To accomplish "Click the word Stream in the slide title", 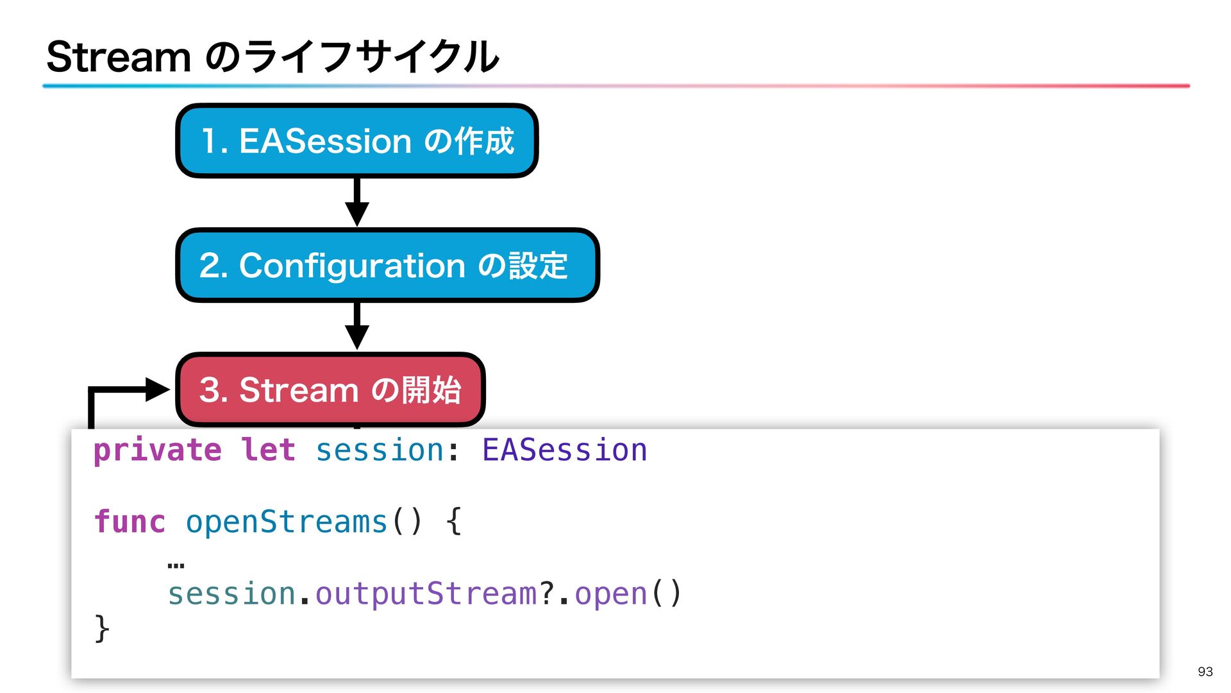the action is coord(119,57).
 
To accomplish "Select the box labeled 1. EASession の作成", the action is coord(356,141).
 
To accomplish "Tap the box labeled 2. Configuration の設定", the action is coord(387,265).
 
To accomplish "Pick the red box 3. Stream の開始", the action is coord(330,389).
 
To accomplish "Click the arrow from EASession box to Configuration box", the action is coord(357,201).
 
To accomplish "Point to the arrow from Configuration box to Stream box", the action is coord(357,326).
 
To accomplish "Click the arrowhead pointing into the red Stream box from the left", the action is coord(156,389).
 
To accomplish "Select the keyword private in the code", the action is coord(158,450).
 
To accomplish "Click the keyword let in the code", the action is coord(268,450).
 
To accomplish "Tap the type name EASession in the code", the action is coord(564,450).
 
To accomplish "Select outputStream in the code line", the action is coord(426,594).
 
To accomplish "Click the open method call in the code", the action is coord(610,594).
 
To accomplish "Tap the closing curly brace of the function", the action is coord(102,628).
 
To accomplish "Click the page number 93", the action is coord(1205,671).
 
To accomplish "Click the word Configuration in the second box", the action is coord(352,266).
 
